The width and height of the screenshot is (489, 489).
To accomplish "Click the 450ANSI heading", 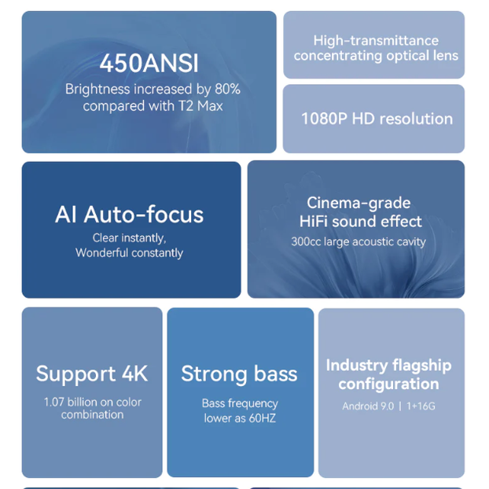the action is [149, 64].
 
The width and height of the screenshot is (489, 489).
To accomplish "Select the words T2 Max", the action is [200, 106].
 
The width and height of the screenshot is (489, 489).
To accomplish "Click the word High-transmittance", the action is [376, 41].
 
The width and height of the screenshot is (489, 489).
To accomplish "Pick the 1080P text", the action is [324, 119].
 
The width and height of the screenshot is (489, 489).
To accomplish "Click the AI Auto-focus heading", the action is [129, 215].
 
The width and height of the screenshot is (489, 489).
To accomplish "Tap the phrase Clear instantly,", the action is [129, 238].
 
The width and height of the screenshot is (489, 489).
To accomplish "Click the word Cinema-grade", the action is [358, 203].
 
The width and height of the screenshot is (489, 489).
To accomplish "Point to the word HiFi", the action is [314, 222].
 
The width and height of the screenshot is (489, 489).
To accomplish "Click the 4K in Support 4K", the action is [134, 373].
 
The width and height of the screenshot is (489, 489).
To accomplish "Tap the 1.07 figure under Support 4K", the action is [53, 403].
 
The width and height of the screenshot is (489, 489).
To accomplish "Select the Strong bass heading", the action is [239, 373].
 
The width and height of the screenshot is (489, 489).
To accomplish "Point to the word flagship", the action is [421, 366].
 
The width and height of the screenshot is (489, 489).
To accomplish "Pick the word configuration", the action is [388, 384].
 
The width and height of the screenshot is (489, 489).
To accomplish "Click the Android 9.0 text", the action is [368, 406].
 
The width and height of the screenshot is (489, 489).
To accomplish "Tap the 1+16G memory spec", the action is [421, 406].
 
